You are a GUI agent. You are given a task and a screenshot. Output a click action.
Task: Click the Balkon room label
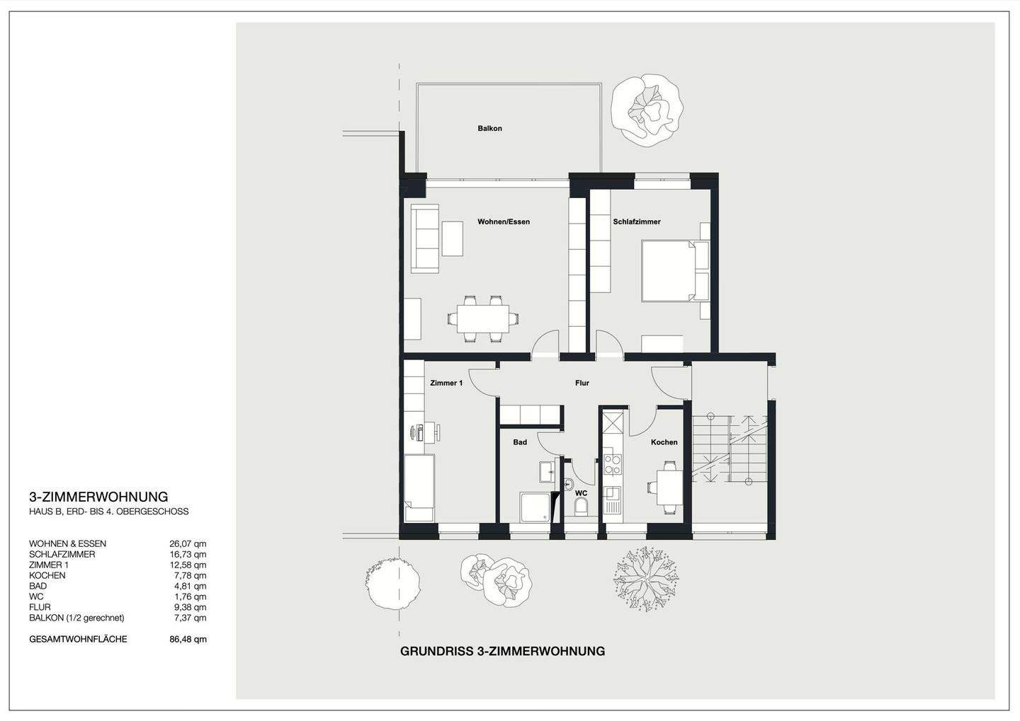pos(489,129)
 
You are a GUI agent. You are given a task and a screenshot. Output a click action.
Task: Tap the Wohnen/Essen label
pos(504,222)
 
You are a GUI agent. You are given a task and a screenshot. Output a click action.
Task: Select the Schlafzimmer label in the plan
pos(637,222)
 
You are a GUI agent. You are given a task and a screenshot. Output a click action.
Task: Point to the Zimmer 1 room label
pos(446,383)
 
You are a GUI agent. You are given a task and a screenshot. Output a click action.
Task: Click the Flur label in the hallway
pos(582,383)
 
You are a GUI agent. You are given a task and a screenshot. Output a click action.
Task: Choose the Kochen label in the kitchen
pos(664,442)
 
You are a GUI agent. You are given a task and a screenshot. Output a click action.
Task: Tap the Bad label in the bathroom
pos(520,442)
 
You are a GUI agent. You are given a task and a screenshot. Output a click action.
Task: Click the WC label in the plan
pos(581,492)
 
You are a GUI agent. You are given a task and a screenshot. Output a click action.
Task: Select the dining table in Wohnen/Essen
pos(482,318)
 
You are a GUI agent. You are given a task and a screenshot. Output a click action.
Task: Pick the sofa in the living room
pos(426,238)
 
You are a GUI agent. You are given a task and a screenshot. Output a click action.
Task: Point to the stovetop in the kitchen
pos(611,464)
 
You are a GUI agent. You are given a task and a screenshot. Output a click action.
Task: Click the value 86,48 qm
pos(191,640)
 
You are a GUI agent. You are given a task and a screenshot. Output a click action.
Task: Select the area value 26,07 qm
pos(191,544)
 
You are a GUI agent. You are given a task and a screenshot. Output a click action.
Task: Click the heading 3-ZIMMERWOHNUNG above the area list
pos(98,497)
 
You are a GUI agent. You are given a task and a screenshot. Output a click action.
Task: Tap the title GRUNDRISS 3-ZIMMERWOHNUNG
pos(502,651)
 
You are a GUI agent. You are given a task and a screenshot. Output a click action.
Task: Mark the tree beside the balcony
pos(647,110)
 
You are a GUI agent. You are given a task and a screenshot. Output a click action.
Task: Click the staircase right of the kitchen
pos(730,449)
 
